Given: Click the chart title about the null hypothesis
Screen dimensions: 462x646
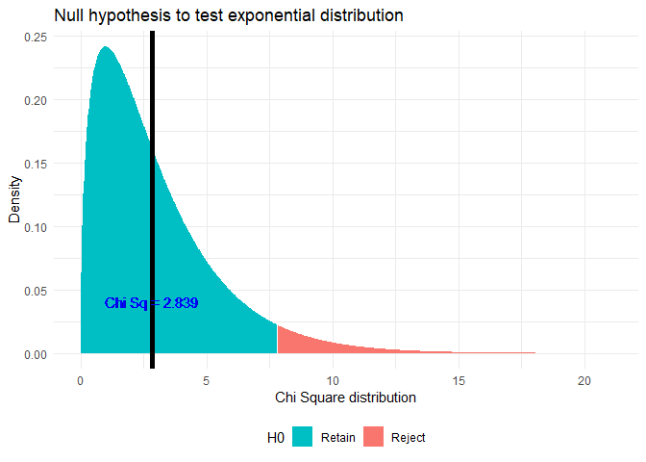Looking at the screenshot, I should tap(228, 16).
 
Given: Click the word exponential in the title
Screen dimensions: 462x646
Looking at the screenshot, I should tap(286, 16).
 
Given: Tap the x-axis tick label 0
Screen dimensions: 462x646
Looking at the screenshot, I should tap(81, 380).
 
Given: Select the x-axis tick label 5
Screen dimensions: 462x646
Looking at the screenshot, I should tap(207, 380).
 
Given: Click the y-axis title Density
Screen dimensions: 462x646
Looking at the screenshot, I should tap(14, 199).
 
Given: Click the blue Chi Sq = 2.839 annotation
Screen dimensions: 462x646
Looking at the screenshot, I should tap(152, 303).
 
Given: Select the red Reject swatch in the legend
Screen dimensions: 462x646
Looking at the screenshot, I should tap(375, 437).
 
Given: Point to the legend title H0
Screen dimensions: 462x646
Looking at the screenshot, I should tap(276, 437).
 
